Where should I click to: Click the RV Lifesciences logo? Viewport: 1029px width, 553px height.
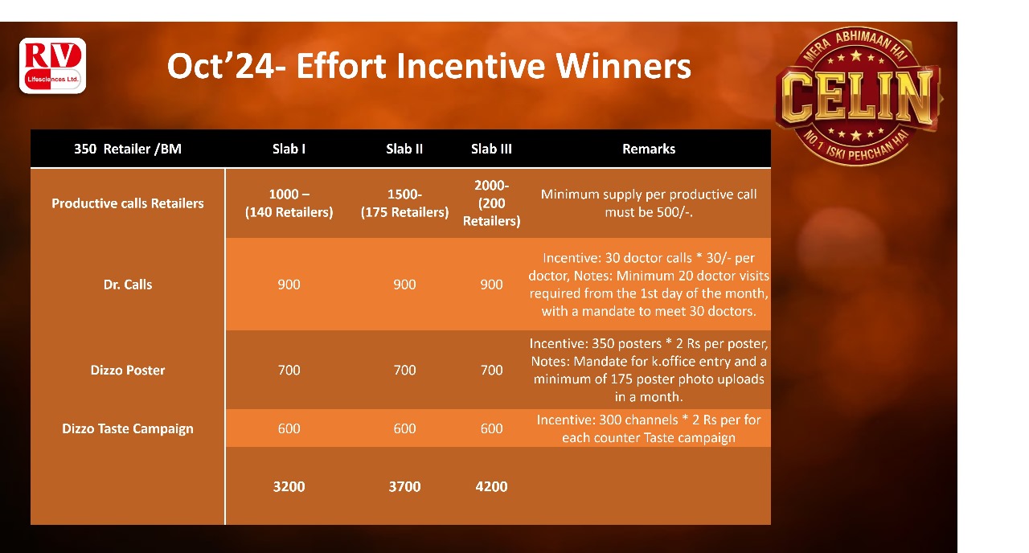pos(52,66)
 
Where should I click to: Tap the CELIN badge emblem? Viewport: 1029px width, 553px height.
pos(858,96)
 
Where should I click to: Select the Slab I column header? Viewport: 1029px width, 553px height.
pos(289,149)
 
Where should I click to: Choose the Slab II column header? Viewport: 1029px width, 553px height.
pos(404,149)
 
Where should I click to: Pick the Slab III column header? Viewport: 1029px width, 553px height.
pos(491,149)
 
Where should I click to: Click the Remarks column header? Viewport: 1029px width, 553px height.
pos(649,149)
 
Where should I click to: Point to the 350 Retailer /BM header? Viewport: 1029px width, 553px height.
pos(128,149)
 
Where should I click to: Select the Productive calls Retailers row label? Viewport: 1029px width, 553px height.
pos(128,203)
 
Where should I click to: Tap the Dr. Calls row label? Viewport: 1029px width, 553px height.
pos(128,285)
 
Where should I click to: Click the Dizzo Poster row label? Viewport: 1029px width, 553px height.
pos(128,371)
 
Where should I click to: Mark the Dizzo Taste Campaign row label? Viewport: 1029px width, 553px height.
pos(128,428)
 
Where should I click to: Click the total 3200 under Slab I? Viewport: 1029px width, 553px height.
pos(289,486)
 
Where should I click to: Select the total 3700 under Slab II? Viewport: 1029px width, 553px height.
pos(404,486)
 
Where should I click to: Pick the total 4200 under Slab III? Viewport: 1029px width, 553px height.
pos(491,486)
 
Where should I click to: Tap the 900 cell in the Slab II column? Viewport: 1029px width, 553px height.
pos(404,285)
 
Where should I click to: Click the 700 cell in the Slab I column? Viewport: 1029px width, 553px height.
pos(289,371)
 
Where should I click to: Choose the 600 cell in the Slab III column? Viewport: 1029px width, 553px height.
pos(491,428)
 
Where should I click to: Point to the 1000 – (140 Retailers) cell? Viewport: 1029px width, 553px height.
pos(289,203)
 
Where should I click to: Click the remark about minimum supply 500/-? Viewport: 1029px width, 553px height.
pos(649,203)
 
